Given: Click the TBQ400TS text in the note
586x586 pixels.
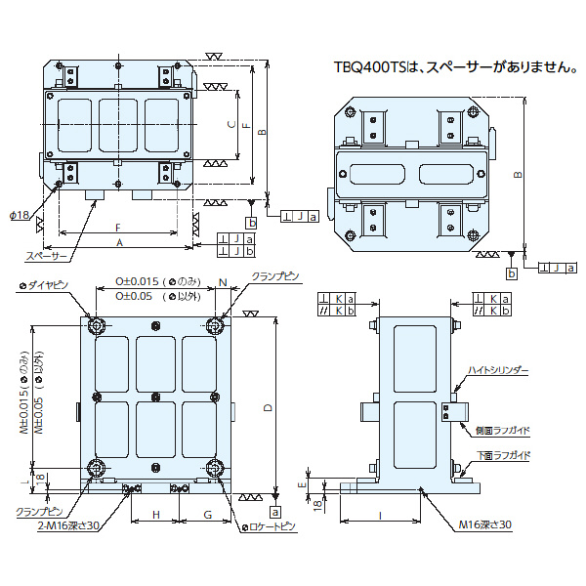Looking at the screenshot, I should click(x=364, y=66).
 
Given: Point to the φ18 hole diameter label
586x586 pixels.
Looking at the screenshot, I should click(x=21, y=214).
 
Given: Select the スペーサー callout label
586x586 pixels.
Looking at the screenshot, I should click(x=46, y=257).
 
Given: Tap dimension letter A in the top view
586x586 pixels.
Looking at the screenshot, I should click(x=119, y=241).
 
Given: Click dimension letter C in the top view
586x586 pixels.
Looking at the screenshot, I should click(x=230, y=124).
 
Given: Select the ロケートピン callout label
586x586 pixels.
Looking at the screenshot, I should click(x=269, y=527).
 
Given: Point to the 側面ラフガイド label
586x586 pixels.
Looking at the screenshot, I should click(x=502, y=429).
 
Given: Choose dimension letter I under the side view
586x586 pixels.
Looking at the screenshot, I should click(x=379, y=516).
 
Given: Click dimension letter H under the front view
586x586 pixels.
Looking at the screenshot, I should click(x=156, y=514).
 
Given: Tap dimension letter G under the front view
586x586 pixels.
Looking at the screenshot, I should click(x=207, y=514).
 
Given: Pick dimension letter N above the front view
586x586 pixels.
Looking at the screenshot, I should click(x=223, y=283).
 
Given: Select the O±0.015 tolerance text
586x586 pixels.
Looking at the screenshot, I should click(x=135, y=279).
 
